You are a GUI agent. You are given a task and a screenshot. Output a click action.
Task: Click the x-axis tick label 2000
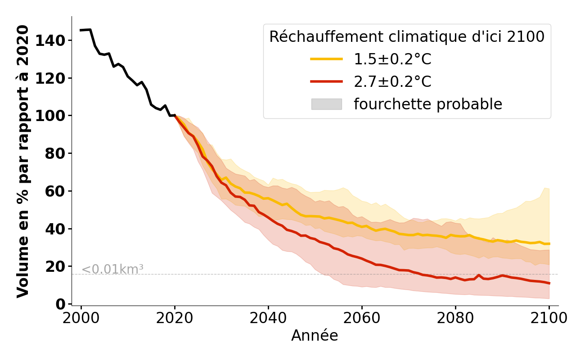(x=81, y=318)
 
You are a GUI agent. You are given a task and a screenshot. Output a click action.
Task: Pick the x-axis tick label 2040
(x=268, y=318)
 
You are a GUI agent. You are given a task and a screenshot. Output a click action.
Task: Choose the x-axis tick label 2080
(x=455, y=318)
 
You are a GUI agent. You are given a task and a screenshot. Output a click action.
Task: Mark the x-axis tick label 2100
(x=549, y=318)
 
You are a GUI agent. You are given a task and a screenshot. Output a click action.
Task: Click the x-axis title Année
(x=315, y=336)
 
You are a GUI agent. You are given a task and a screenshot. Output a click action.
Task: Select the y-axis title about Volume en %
(x=23, y=161)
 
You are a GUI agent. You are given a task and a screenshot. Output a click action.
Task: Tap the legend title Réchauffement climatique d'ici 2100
(x=407, y=36)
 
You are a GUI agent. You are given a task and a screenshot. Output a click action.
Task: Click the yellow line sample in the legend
(x=326, y=59)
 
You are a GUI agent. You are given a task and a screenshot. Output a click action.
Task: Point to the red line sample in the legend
(x=326, y=81)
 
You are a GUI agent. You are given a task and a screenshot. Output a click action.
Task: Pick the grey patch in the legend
(x=326, y=104)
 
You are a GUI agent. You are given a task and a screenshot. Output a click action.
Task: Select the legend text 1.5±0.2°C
(x=392, y=59)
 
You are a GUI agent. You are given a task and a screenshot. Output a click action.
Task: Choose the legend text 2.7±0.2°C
(x=392, y=81)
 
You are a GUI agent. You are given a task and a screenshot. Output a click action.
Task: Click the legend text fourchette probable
(x=427, y=104)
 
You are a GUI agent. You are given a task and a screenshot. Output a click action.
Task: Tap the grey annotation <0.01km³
(x=112, y=270)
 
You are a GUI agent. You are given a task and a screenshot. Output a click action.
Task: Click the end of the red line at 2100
(x=549, y=283)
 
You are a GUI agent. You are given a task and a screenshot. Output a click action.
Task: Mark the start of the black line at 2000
(x=81, y=30)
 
